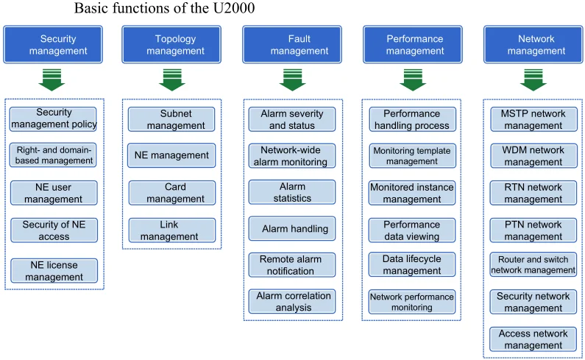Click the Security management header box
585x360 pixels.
[53, 45]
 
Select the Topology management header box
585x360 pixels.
[171, 45]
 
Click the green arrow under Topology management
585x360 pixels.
[171, 79]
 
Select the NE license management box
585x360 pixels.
[54, 271]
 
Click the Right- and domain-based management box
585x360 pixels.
[54, 155]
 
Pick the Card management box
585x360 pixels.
[171, 193]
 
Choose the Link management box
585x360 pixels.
[171, 230]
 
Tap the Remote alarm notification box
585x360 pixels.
[291, 265]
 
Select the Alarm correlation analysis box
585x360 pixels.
[291, 301]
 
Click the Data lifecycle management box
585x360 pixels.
[412, 265]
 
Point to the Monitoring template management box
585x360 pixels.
[412, 155]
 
